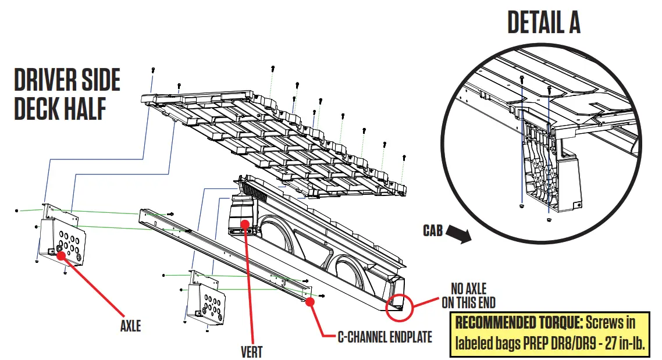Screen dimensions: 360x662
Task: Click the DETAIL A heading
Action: click(x=543, y=23)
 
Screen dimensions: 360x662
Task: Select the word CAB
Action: click(x=433, y=231)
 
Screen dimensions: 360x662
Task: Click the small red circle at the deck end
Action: click(x=400, y=305)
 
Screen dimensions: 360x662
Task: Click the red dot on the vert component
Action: click(x=245, y=223)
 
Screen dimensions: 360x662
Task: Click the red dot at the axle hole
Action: click(x=59, y=254)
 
